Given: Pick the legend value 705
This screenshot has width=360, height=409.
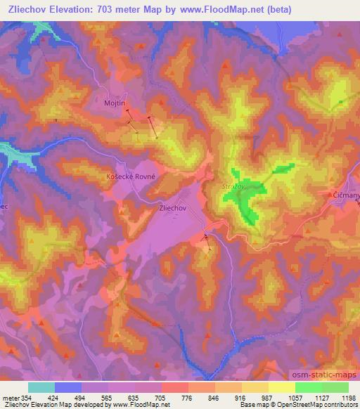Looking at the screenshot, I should [x=162, y=398].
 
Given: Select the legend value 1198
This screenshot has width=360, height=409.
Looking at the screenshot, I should [x=349, y=398].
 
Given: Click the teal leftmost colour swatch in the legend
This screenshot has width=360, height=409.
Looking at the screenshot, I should [x=41, y=387].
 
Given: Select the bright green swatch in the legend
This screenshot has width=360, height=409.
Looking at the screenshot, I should [x=308, y=387].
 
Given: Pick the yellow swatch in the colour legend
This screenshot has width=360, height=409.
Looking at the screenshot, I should [x=281, y=387].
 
